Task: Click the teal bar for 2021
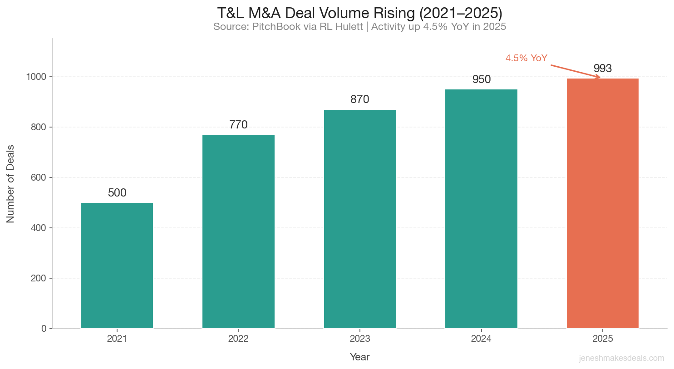pos(117,266)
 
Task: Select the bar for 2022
pos(238,231)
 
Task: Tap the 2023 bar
pos(359,219)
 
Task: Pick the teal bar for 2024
pos(481,209)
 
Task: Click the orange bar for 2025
pos(602,203)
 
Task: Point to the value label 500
pos(117,193)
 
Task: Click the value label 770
pos(238,125)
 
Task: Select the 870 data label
pos(359,99)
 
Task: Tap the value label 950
pos(481,79)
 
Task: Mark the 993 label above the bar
pos(602,69)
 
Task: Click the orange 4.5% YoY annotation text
pos(526,58)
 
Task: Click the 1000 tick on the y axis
pos(36,77)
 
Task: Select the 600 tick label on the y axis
pos(38,177)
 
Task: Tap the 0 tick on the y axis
pos(44,329)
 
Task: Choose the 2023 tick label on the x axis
pos(359,339)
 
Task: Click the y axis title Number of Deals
pos(10,184)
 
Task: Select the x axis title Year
pos(359,357)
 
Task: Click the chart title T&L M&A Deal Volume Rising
pos(359,13)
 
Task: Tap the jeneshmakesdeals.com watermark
pos(621,358)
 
